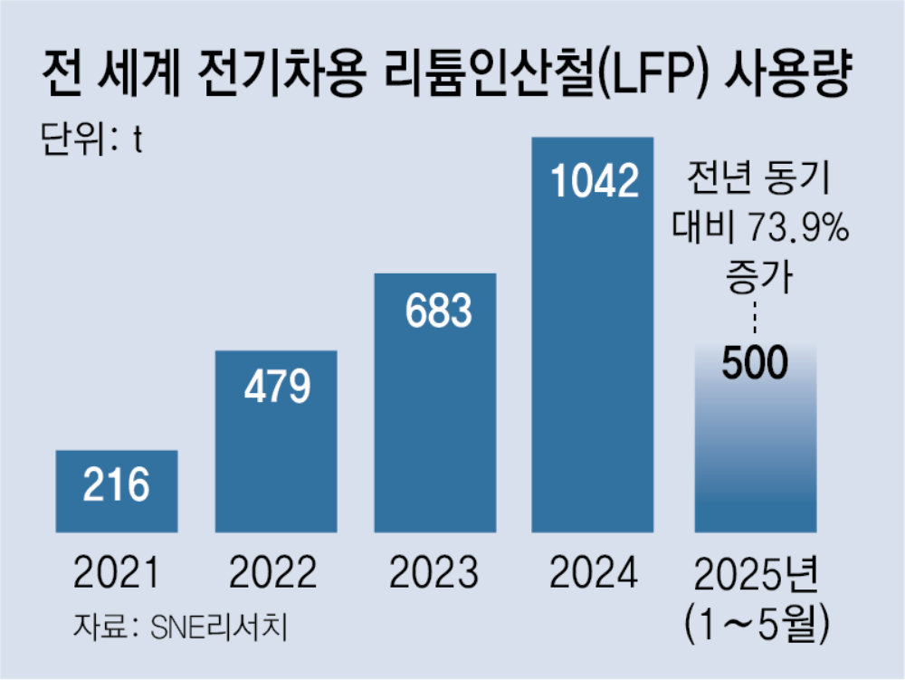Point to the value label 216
click(x=117, y=486)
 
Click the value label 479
click(x=276, y=387)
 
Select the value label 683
click(x=435, y=311)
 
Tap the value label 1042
click(x=595, y=182)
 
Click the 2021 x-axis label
click(x=117, y=572)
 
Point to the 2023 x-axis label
click(x=433, y=572)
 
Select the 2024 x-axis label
click(x=594, y=572)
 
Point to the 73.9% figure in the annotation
click(x=797, y=228)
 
